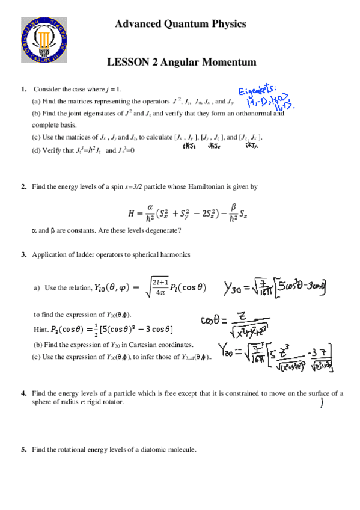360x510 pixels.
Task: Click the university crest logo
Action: (43, 39)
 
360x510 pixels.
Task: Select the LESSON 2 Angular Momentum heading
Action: (182, 62)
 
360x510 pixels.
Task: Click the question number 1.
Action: (23, 89)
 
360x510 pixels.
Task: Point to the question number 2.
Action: (23, 187)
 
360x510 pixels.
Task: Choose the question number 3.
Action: (23, 254)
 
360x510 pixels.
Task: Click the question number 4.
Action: (23, 393)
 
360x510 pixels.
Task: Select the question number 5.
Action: (23, 450)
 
